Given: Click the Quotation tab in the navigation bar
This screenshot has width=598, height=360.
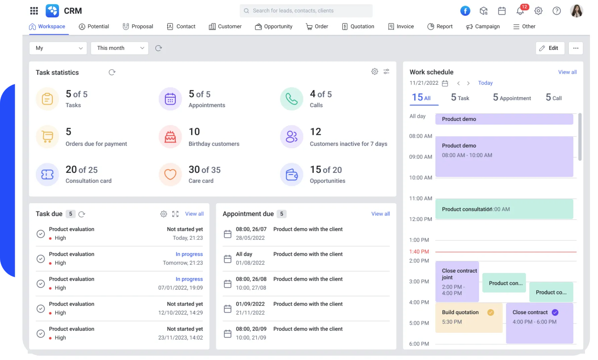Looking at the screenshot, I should click(358, 26).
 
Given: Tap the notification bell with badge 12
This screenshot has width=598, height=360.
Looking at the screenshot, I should click(520, 11).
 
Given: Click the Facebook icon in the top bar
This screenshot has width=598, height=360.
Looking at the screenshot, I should click(465, 11).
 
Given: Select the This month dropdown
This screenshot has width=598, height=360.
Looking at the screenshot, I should click(120, 48).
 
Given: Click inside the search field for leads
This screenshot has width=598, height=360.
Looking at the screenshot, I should click(306, 11).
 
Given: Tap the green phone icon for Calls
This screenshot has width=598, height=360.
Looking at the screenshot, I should click(291, 99).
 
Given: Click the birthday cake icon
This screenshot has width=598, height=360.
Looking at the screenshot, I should click(170, 137).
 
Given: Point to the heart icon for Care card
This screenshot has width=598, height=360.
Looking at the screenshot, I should click(170, 174).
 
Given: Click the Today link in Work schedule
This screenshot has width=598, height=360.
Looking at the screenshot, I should click(485, 83).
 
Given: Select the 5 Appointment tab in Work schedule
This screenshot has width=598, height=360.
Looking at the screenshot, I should click(512, 98).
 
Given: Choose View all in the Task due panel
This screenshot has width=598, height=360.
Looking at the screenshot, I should click(194, 214).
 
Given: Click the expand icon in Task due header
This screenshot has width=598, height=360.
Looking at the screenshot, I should click(175, 214).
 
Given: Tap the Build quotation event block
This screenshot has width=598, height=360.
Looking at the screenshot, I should click(468, 317).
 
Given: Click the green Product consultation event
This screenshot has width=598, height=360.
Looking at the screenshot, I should click(504, 209).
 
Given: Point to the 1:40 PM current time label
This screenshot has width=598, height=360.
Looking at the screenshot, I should click(419, 251).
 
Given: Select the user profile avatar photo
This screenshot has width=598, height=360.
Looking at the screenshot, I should click(576, 11).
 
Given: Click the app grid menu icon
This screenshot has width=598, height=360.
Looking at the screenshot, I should click(34, 11).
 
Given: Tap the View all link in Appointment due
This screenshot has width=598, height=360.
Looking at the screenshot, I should click(380, 214).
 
